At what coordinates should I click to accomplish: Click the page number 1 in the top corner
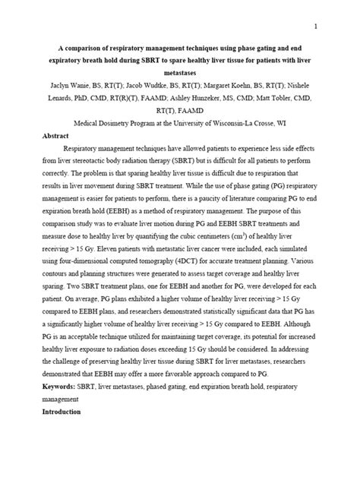336,27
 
